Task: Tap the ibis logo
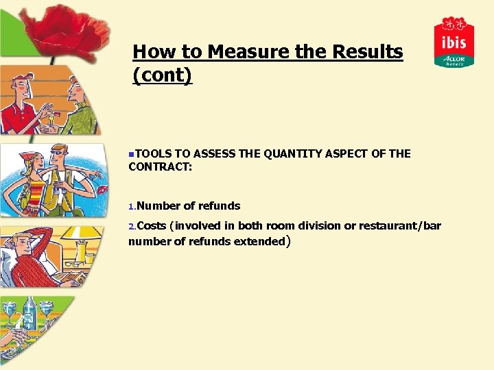[454, 42]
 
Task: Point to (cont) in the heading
[162, 75]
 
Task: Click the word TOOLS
[147, 153]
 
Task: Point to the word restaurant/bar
[405, 226]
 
